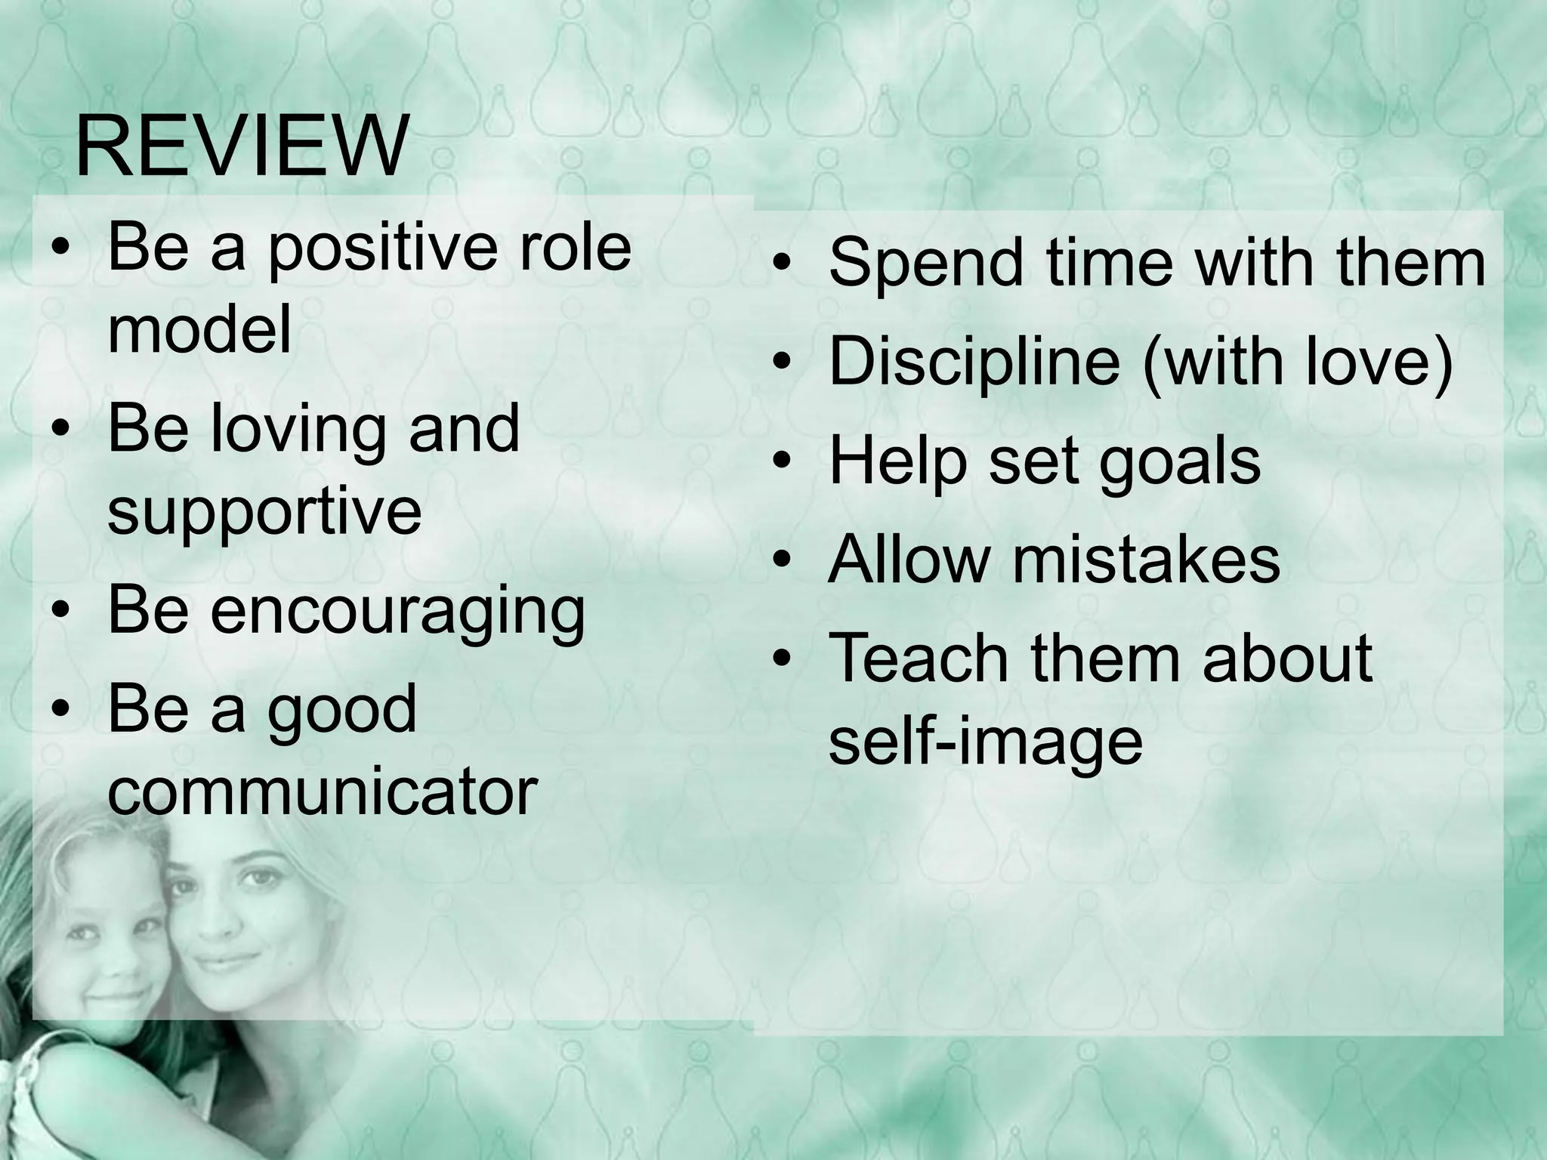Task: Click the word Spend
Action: (925, 264)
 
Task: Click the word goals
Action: (1179, 462)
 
